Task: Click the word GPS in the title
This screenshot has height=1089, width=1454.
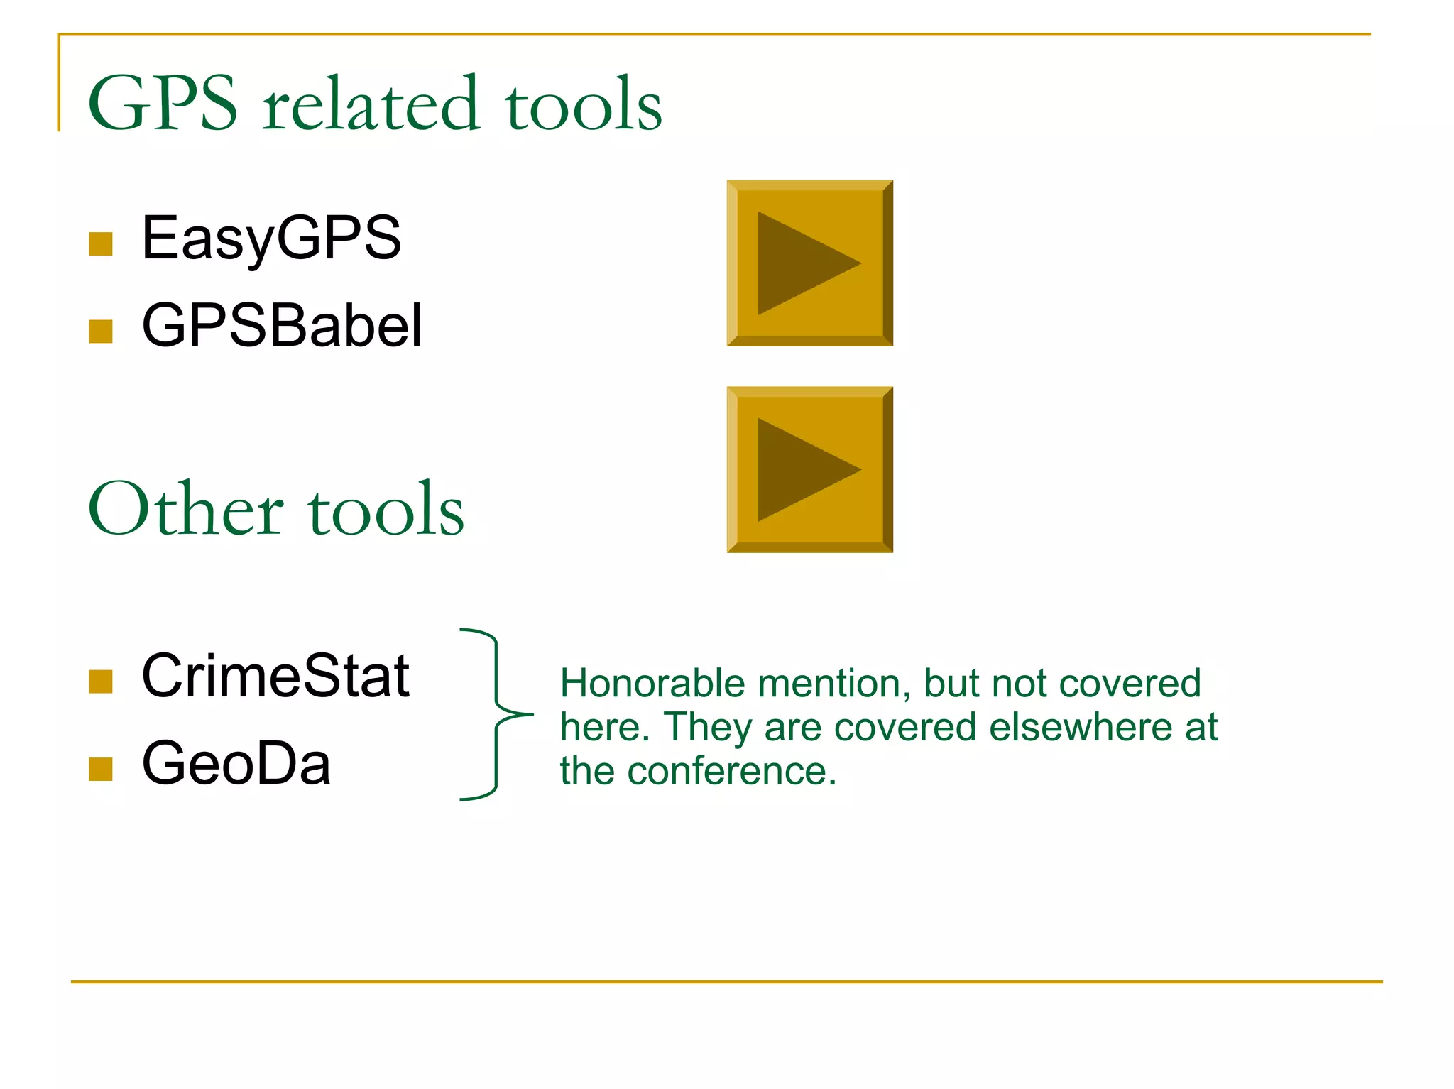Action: point(163,104)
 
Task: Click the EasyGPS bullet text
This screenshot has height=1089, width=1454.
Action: point(271,239)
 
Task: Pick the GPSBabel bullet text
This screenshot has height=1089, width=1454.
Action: point(282,326)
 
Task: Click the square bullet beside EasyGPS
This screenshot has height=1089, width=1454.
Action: point(101,243)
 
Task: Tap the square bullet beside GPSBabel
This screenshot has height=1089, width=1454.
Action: point(101,331)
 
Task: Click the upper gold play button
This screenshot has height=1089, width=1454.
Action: point(809,263)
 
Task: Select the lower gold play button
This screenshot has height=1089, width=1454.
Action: point(809,470)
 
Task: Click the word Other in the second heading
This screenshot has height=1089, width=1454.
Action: point(186,510)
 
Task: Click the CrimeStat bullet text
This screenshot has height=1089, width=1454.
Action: point(275,676)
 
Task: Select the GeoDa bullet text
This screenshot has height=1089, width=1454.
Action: point(236,764)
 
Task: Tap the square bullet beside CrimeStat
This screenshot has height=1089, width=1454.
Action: point(101,682)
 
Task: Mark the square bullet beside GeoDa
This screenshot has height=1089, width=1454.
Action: point(101,769)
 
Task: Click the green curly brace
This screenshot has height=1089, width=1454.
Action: point(496,714)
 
